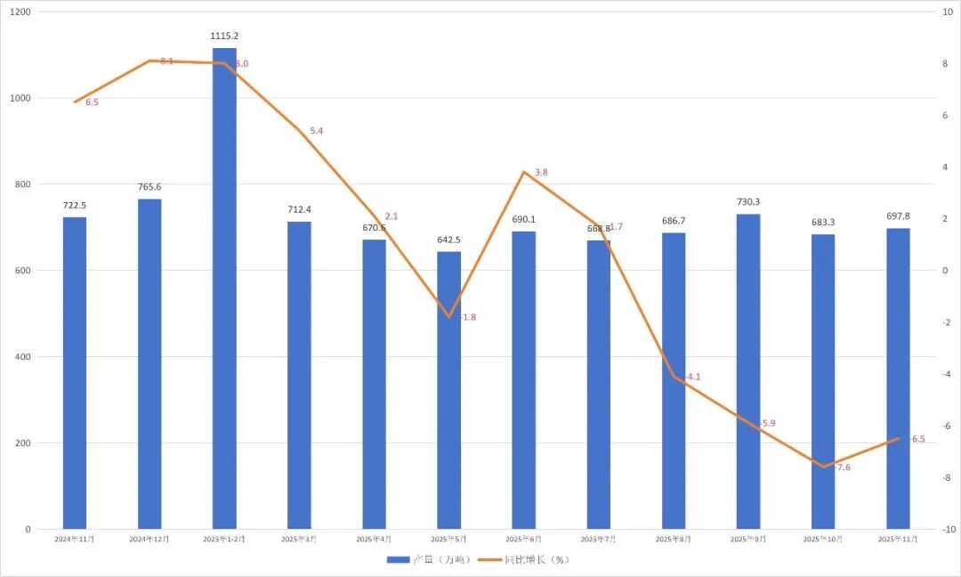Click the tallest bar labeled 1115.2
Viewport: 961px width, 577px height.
click(x=224, y=285)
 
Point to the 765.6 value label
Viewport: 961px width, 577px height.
click(x=149, y=187)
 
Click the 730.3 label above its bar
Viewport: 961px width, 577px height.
click(x=748, y=202)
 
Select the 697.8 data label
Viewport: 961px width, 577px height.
click(x=898, y=216)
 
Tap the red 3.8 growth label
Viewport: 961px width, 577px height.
click(x=541, y=172)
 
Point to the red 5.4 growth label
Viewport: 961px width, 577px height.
click(x=316, y=131)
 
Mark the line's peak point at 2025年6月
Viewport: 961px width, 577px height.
click(x=524, y=172)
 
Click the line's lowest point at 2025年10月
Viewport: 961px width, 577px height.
click(x=823, y=467)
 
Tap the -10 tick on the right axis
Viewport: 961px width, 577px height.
click(x=949, y=530)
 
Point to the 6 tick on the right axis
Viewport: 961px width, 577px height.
click(x=946, y=116)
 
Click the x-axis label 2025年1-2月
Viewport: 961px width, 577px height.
click(x=224, y=540)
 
